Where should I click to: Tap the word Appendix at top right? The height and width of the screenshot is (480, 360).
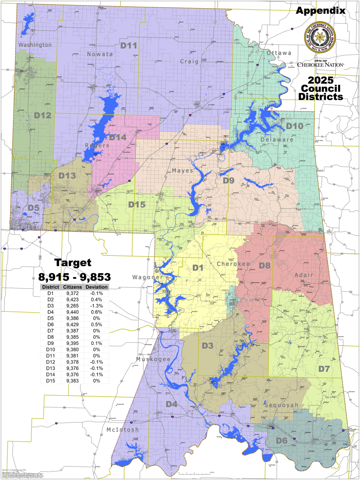click(320, 11)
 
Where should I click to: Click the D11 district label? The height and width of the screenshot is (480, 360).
click(129, 46)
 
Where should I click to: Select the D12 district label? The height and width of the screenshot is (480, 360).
click(42, 115)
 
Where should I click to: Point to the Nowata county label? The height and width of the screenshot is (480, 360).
click(100, 54)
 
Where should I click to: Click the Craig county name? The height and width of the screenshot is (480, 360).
click(189, 62)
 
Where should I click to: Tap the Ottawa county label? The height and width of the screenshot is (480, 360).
click(279, 53)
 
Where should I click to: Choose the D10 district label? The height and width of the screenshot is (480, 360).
click(295, 126)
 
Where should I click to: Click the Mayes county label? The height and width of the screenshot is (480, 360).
click(183, 171)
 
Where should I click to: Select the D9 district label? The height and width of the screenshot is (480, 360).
click(229, 181)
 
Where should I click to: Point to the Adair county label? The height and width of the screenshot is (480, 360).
click(304, 275)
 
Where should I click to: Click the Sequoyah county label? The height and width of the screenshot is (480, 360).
click(281, 405)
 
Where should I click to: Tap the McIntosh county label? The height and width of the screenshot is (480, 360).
click(122, 430)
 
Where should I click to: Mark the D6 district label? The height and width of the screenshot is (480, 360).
click(281, 441)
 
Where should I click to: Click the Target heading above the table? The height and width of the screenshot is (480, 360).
click(73, 263)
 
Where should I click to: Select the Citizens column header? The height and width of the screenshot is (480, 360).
click(72, 287)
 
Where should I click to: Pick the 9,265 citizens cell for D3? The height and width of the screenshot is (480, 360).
click(72, 306)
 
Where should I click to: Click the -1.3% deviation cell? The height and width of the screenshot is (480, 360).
click(96, 306)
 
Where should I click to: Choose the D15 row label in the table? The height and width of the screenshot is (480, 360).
click(50, 381)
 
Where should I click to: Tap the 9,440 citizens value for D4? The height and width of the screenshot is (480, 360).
click(72, 312)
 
